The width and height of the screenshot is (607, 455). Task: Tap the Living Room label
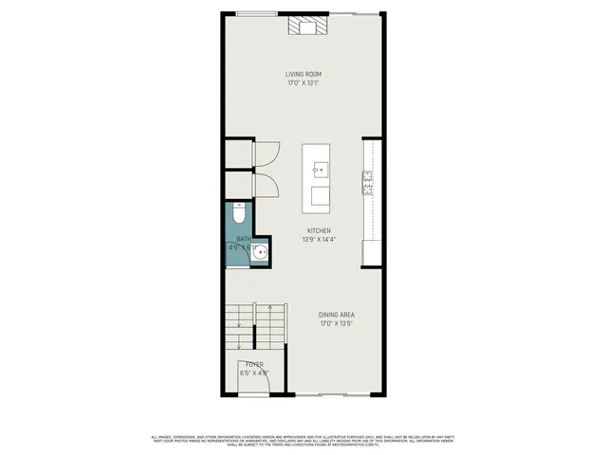click(304, 74)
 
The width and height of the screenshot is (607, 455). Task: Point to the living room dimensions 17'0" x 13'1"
click(304, 83)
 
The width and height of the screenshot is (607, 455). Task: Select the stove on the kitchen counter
click(367, 182)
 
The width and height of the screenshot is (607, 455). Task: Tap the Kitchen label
click(319, 230)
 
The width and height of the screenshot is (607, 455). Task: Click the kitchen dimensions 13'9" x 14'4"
click(319, 240)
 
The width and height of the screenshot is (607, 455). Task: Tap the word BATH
click(244, 239)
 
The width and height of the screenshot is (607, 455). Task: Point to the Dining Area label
click(337, 316)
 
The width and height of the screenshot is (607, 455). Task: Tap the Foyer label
click(254, 364)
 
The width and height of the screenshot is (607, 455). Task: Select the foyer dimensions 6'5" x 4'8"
click(254, 373)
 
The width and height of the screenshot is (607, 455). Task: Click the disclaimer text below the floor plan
click(303, 440)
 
